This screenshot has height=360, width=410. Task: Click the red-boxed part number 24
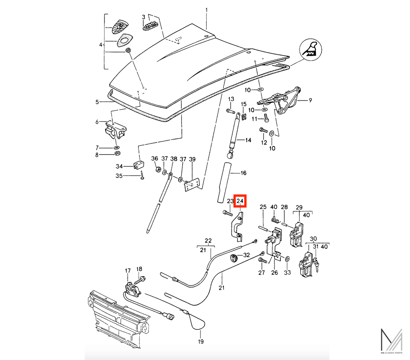240,201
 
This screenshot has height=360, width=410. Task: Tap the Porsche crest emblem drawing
119,26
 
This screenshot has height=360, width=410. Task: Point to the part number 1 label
207,10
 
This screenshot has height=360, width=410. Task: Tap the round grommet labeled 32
233,257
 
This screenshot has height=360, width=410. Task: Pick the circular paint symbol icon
311,50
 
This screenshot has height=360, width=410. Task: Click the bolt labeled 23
227,213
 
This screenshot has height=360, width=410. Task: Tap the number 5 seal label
97,102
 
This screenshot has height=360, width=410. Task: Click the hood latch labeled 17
133,290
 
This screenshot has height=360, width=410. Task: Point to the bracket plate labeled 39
192,184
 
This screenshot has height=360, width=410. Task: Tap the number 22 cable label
208,241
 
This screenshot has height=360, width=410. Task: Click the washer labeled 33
287,259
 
